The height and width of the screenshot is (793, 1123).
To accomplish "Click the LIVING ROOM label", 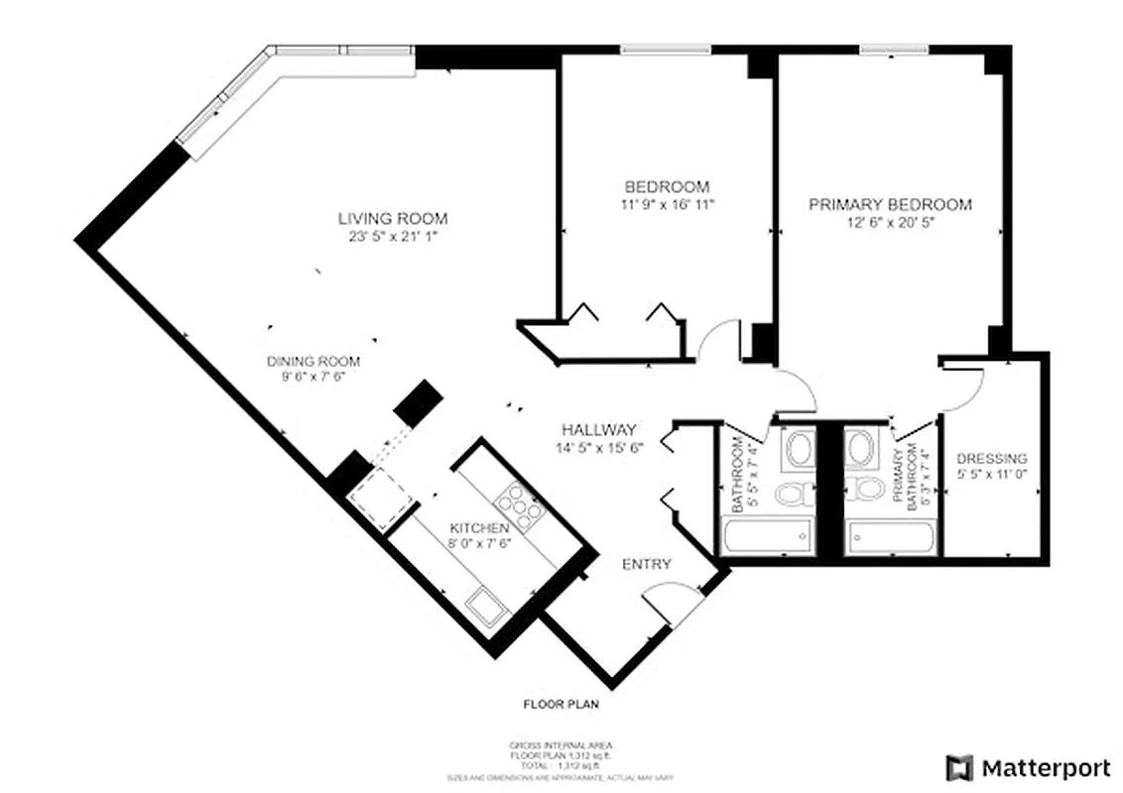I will pyautogui.click(x=393, y=218).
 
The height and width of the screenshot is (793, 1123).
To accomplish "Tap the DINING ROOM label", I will pyautogui.click(x=313, y=362).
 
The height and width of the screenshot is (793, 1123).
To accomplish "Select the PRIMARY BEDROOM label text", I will pyautogui.click(x=890, y=204).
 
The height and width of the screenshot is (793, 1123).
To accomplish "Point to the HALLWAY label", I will pyautogui.click(x=598, y=430).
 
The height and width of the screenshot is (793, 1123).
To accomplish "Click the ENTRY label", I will pyautogui.click(x=646, y=564).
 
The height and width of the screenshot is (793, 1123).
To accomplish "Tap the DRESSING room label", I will pyautogui.click(x=991, y=459).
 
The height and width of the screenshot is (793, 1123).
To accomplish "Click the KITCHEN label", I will pyautogui.click(x=479, y=528).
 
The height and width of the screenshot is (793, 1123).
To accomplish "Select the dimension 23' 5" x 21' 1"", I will pyautogui.click(x=393, y=237).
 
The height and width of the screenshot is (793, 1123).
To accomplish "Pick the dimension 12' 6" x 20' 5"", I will pyautogui.click(x=890, y=222).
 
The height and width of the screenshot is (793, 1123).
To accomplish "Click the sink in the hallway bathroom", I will pyautogui.click(x=798, y=449).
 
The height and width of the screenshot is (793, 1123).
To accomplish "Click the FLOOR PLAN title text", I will pyautogui.click(x=561, y=706).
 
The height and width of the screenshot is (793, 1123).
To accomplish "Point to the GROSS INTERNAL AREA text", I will pyautogui.click(x=561, y=745).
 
